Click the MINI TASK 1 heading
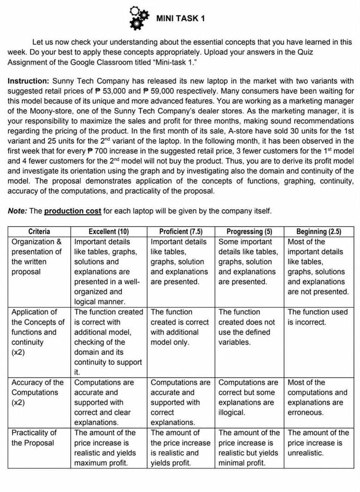coord(180,18)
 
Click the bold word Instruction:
coord(29,81)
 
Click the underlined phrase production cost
coord(73,211)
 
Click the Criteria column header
coord(39,232)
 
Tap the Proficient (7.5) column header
coord(181,232)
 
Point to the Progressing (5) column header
coord(249,232)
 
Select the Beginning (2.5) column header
coord(319,232)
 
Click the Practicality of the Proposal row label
coord(34,437)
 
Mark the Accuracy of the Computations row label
coord(37,392)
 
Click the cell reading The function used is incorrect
coord(317,317)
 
